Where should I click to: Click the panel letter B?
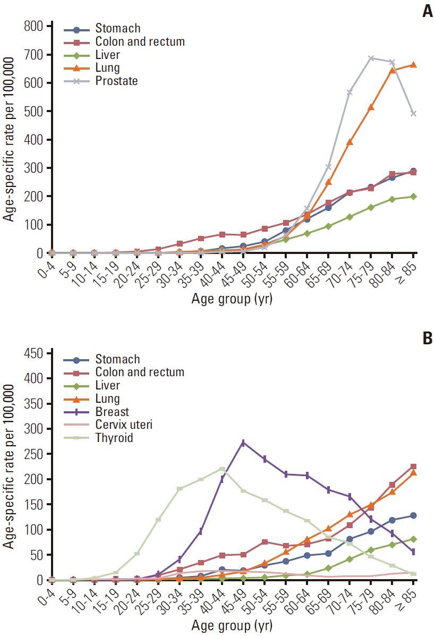pyautogui.click(x=428, y=338)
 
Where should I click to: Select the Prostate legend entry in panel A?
pyautogui.click(x=116, y=81)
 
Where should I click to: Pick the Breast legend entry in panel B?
pyautogui.click(x=112, y=412)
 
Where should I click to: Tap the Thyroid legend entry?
pyautogui.click(x=115, y=438)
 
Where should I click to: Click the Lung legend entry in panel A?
pyautogui.click(x=108, y=67)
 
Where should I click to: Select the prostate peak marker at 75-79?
pyautogui.click(x=371, y=58)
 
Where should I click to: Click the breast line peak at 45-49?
pyautogui.click(x=243, y=442)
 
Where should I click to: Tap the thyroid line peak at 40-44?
pyautogui.click(x=223, y=469)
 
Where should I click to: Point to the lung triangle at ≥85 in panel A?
pyautogui.click(x=413, y=65)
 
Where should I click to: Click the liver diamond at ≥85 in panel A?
pyautogui.click(x=413, y=196)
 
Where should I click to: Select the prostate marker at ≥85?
pyautogui.click(x=413, y=114)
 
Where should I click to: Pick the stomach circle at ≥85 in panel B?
pyautogui.click(x=413, y=515)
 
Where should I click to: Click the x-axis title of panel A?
pyautogui.click(x=232, y=300)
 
